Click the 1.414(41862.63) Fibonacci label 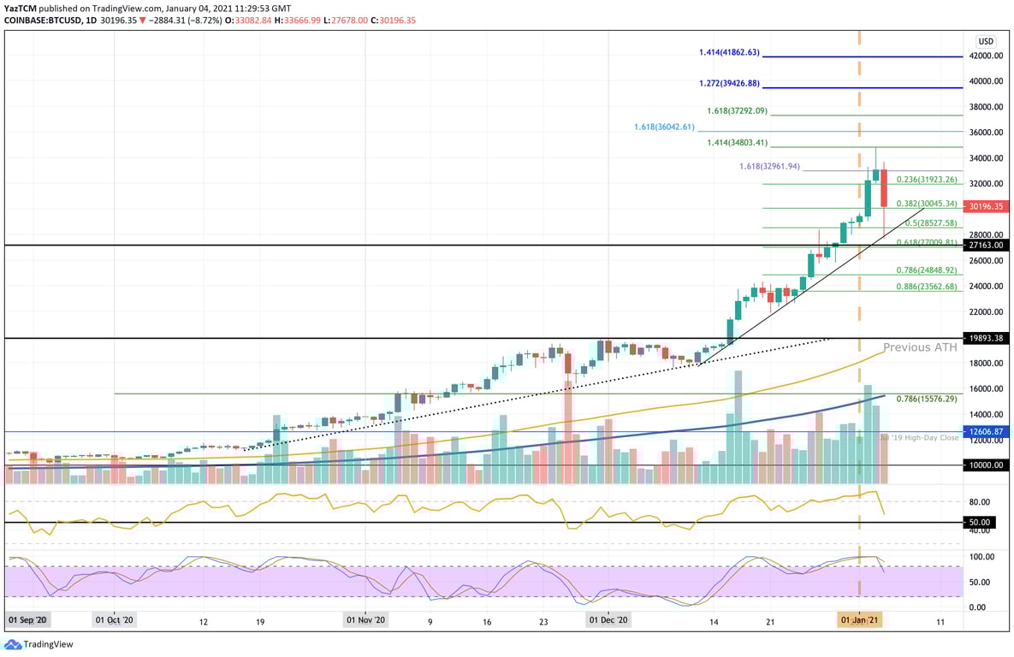pyautogui.click(x=729, y=52)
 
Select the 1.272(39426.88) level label pyautogui.click(x=729, y=84)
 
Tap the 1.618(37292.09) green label pyautogui.click(x=738, y=111)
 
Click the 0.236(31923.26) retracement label pyautogui.click(x=927, y=180)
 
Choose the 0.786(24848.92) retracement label pyautogui.click(x=927, y=270)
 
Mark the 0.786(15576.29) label pyautogui.click(x=927, y=399)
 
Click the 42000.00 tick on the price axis pyautogui.click(x=986, y=56)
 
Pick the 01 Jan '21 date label pyautogui.click(x=859, y=619)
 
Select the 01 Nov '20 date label pyautogui.click(x=365, y=619)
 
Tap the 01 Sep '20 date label pyautogui.click(x=29, y=619)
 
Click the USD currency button pyautogui.click(x=986, y=40)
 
